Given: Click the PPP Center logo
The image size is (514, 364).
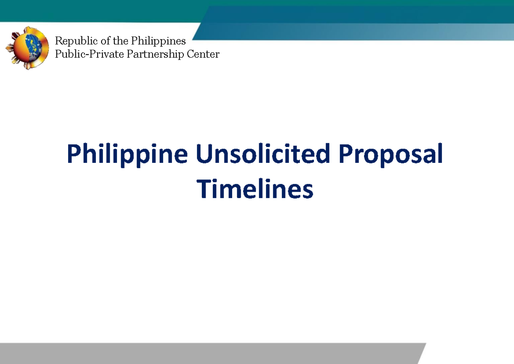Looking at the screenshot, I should coord(27,48).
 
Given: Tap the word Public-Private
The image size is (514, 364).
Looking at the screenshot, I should coord(89,54).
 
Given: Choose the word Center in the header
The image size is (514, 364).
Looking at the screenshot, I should coord(203,54).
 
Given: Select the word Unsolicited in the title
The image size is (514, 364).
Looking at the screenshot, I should coord(263,154).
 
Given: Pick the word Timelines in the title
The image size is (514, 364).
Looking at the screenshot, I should coord(255,189).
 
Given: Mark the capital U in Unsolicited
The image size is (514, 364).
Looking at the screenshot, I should coord(204,154).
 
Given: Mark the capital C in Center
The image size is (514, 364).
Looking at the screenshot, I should coord(191,54).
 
